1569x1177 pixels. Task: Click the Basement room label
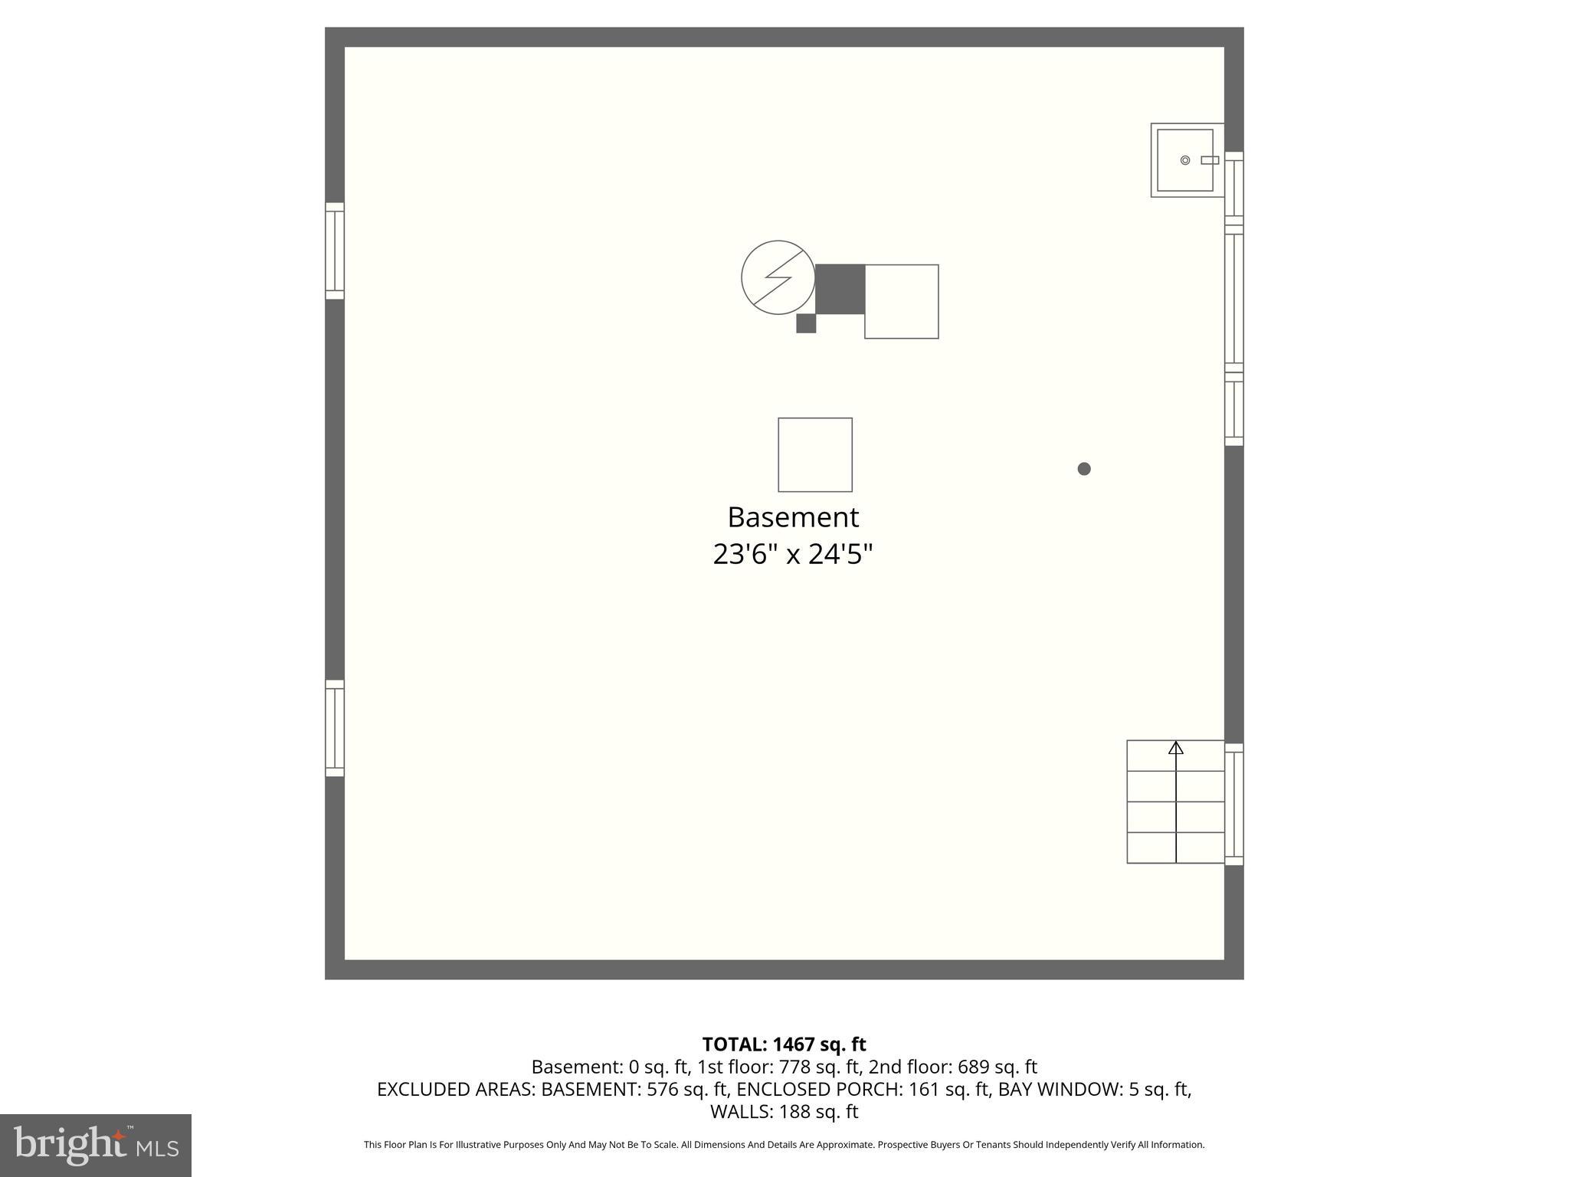click(793, 517)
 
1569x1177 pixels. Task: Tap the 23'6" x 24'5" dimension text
click(793, 554)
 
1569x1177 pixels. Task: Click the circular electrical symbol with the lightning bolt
click(778, 277)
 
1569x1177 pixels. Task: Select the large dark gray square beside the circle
click(840, 289)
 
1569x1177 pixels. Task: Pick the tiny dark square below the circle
click(806, 323)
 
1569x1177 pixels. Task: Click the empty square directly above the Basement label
click(815, 454)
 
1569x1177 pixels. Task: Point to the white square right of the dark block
click(902, 301)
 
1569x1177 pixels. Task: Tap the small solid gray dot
click(1084, 469)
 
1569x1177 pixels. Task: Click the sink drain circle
click(1185, 160)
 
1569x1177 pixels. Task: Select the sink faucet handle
click(1210, 160)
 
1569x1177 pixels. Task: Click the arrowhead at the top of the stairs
click(1176, 748)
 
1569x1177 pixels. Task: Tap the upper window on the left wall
click(335, 251)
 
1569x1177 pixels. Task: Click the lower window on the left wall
click(335, 728)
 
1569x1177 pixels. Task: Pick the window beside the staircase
click(1234, 804)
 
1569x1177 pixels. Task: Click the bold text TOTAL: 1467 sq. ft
click(784, 1044)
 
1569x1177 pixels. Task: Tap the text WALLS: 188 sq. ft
click(784, 1111)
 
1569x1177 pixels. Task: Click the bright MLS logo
click(96, 1146)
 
